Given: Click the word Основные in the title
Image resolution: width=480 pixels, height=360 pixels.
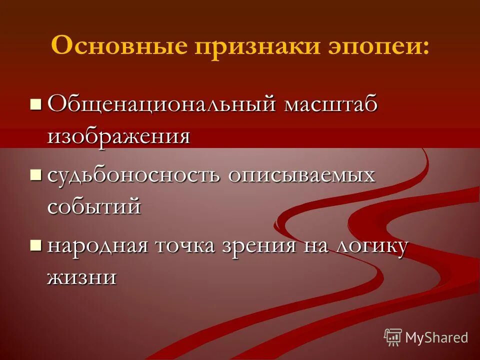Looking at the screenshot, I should tap(120, 46).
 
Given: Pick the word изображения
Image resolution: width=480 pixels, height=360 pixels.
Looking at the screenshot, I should tap(119, 136).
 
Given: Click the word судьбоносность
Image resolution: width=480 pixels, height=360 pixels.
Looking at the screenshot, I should tap(134, 176).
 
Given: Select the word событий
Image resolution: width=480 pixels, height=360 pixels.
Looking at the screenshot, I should tap(94, 206).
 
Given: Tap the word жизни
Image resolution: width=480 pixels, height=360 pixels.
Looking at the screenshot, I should tap(82, 276).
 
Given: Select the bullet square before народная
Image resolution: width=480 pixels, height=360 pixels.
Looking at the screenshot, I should tap(35, 244).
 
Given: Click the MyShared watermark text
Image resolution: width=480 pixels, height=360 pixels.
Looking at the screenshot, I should tap(436, 337).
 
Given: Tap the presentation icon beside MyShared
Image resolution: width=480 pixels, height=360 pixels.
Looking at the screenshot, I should tap(393, 337).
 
